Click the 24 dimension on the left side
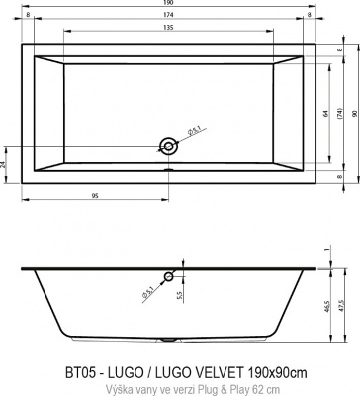(x=5, y=164)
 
